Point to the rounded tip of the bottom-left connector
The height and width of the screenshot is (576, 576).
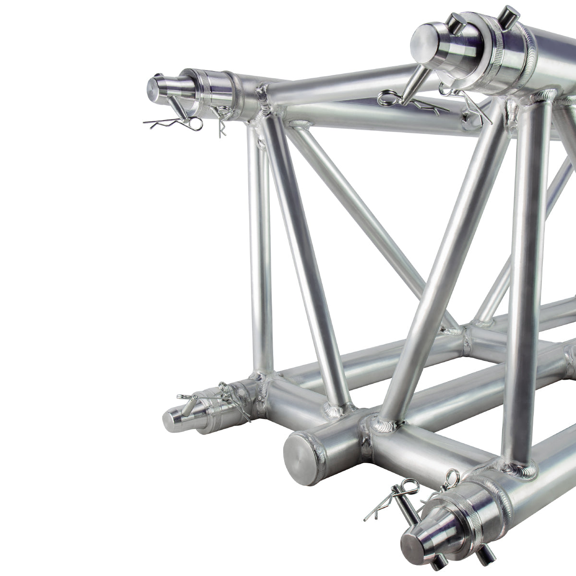172,419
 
